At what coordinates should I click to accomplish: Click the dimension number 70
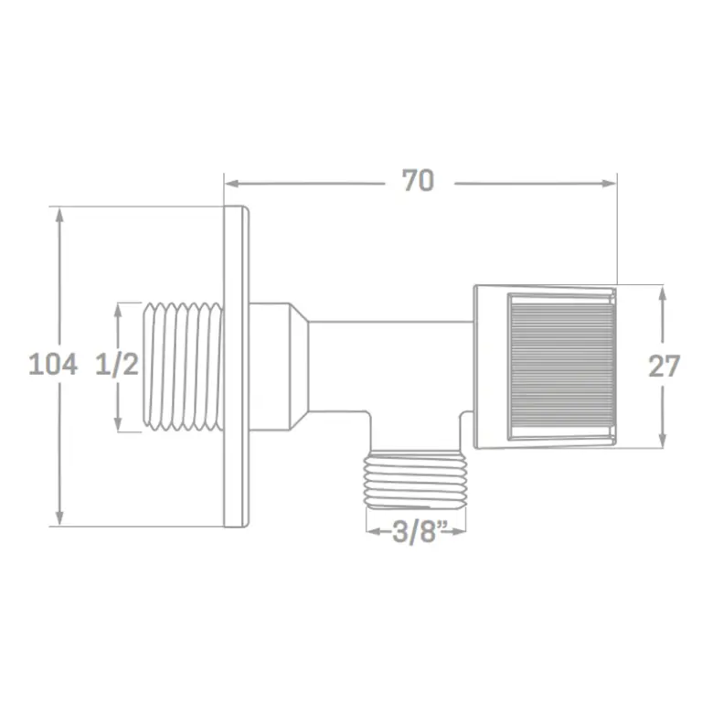[418, 180]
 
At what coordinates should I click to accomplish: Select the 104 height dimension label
[53, 364]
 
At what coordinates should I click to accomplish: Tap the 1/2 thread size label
[117, 364]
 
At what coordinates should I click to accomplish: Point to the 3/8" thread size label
[415, 532]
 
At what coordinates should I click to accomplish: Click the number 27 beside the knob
[664, 367]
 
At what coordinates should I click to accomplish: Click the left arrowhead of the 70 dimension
[232, 184]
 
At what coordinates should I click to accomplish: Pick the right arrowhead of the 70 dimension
[610, 184]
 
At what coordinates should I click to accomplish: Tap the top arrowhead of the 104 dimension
[59, 215]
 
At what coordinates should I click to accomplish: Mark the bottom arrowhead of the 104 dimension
[59, 518]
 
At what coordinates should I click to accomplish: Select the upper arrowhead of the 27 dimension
[663, 292]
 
